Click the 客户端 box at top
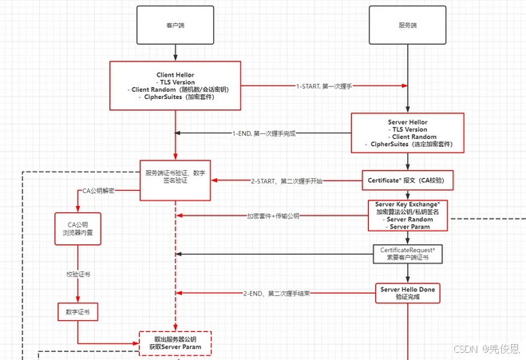[175, 26]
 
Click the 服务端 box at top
[407, 26]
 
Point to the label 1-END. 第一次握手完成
[264, 133]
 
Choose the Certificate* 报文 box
[408, 181]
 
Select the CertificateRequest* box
[408, 254]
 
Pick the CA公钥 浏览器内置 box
[77, 229]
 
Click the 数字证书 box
[77, 311]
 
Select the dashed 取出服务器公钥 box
[175, 343]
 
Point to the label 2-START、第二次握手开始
[286, 181]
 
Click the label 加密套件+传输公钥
[272, 216]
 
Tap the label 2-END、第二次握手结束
[275, 293]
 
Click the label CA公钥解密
[101, 192]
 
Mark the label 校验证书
[77, 273]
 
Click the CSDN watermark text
[489, 348]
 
